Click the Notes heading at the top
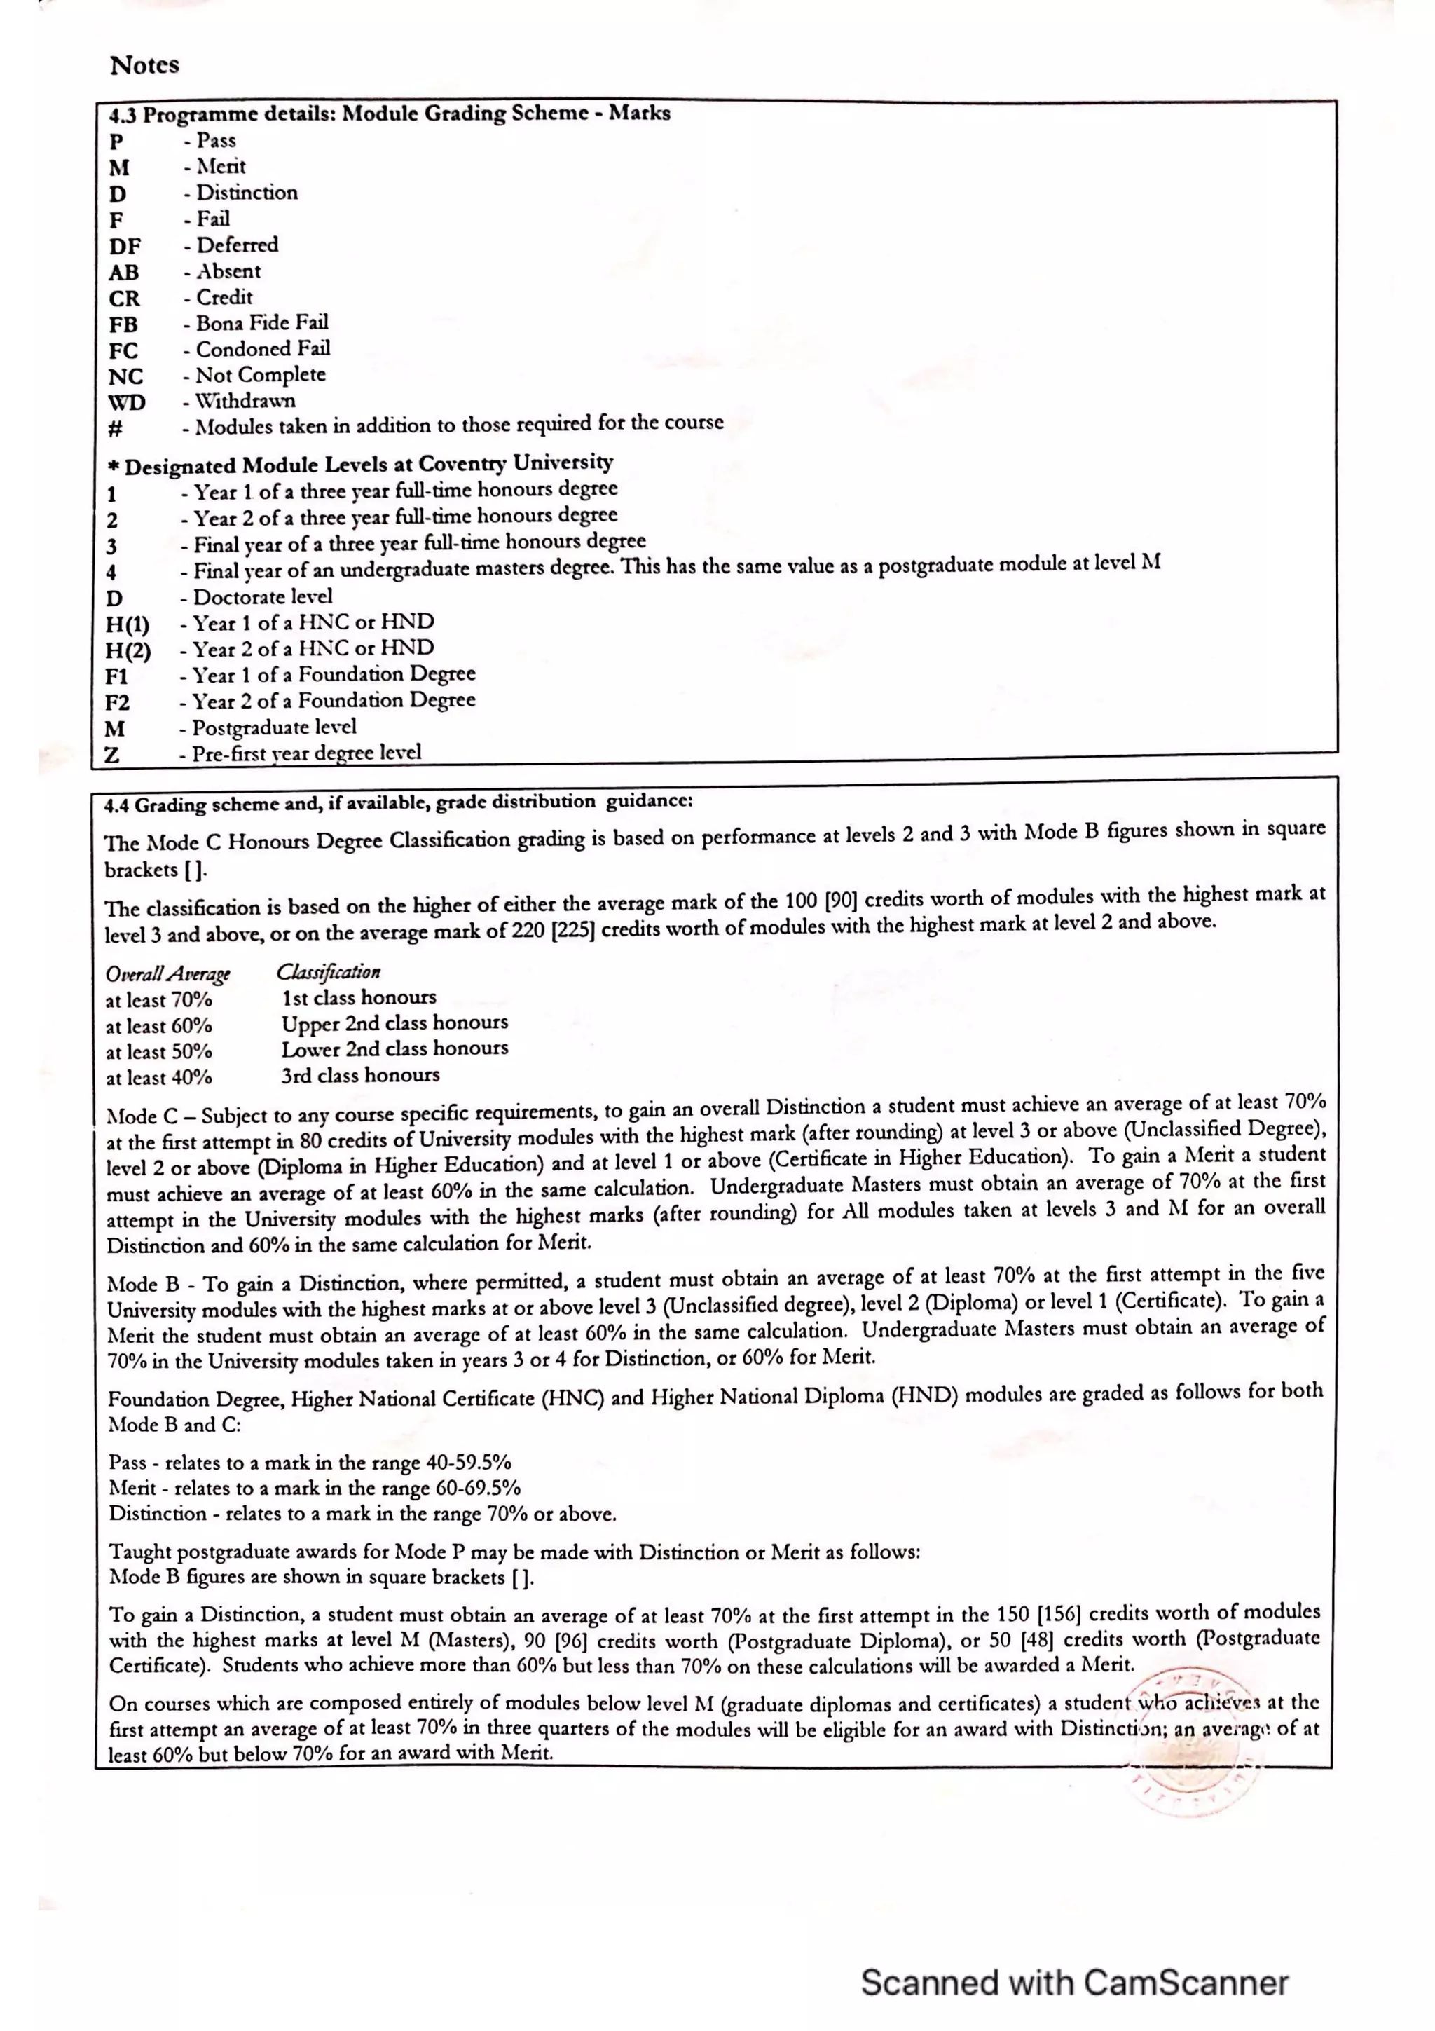tap(144, 65)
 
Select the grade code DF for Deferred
tap(125, 247)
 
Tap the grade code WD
tap(126, 402)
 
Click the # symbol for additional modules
tap(115, 429)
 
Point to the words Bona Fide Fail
tap(262, 323)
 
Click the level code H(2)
tap(128, 651)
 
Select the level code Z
tap(112, 755)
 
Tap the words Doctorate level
tap(263, 597)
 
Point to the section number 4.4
tap(117, 806)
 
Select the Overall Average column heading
tap(167, 974)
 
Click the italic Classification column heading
tap(328, 972)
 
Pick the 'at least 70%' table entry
tap(158, 1001)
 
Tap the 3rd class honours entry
tap(360, 1076)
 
